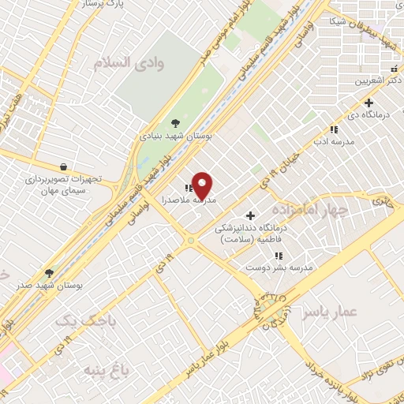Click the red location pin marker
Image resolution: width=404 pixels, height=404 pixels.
(x=202, y=185)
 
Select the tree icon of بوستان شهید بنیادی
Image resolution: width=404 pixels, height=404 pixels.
(x=175, y=122)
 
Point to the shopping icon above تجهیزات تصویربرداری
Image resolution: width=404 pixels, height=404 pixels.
(x=62, y=166)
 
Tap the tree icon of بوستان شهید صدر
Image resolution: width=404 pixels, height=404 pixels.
(x=49, y=272)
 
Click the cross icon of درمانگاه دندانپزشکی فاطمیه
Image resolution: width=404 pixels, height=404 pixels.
(x=251, y=215)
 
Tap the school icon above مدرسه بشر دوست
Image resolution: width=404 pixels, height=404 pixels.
(x=279, y=256)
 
